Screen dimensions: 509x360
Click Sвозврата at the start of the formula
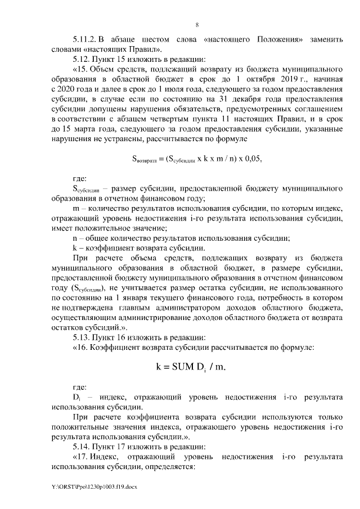[145, 159]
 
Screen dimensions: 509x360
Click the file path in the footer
[85, 486]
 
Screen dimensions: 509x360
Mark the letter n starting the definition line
[75, 238]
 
